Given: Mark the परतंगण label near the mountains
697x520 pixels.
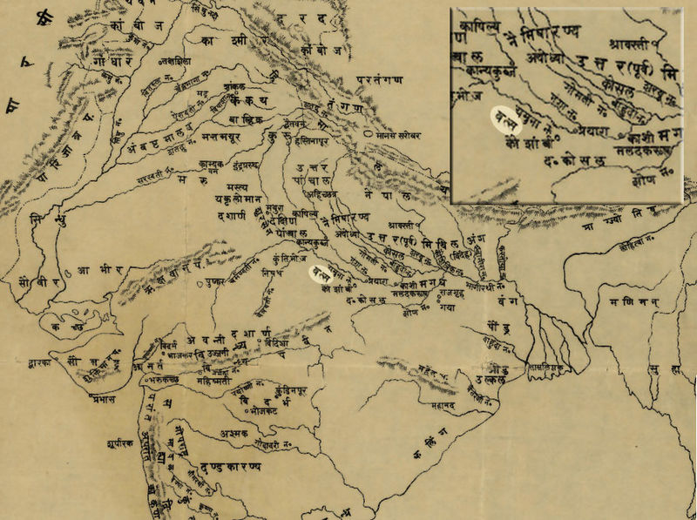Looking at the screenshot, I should click(x=381, y=80).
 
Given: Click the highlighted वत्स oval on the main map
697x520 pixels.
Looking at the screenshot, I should click(x=321, y=274).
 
